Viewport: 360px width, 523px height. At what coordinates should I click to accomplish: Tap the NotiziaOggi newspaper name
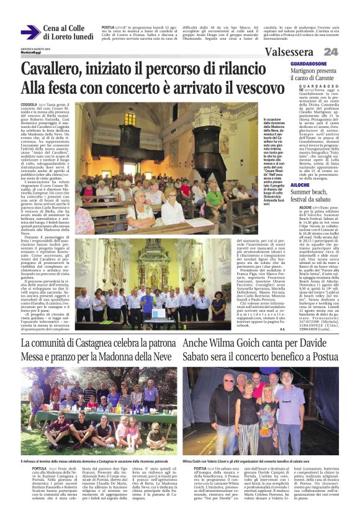pos(31,52)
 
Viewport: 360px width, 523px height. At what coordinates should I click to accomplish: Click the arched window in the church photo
pos(130,118)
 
